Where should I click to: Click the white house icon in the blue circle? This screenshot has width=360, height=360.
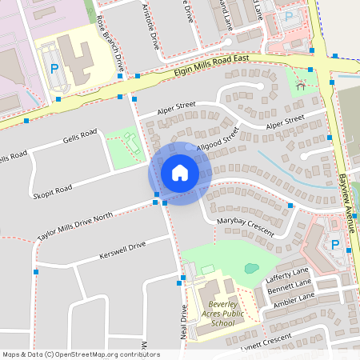(180, 172)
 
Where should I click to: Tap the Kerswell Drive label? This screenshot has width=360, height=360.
(122, 250)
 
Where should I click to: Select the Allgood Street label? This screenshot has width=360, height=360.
(218, 137)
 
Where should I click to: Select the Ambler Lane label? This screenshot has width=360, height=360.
(293, 299)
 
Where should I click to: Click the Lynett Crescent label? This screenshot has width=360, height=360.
(267, 342)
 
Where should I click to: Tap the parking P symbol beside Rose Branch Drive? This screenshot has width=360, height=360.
(54, 69)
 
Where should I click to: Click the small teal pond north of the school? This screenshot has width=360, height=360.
(251, 268)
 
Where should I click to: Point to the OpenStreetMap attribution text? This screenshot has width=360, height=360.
(80, 354)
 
